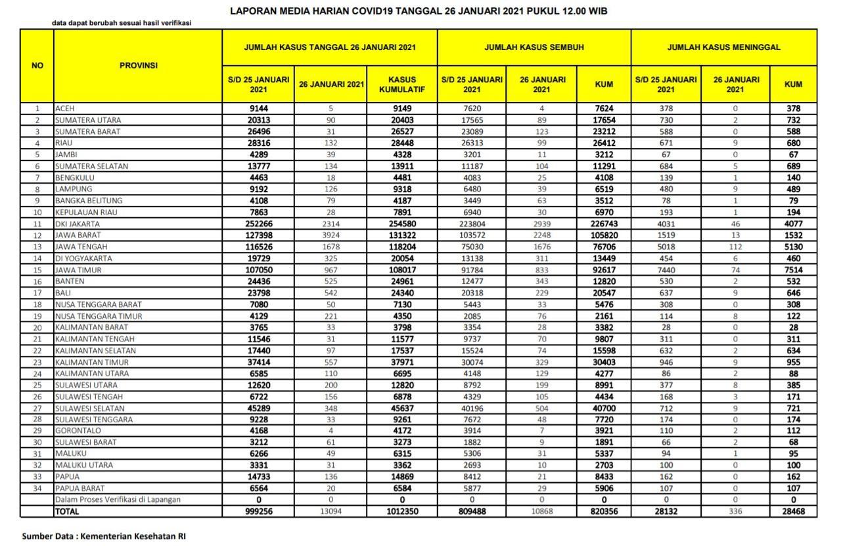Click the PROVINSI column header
[138, 66]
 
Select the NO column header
[37, 66]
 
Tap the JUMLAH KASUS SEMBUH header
[534, 47]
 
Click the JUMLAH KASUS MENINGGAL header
[723, 47]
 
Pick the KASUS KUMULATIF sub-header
[402, 84]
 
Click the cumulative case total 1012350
[402, 511]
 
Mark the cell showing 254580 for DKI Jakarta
[402, 224]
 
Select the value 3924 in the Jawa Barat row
[331, 236]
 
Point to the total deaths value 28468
[793, 511]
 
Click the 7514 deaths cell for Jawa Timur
[793, 270]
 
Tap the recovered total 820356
[604, 511]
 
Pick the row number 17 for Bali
[37, 293]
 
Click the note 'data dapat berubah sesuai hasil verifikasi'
[122, 23]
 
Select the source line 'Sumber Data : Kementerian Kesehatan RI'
[104, 536]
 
